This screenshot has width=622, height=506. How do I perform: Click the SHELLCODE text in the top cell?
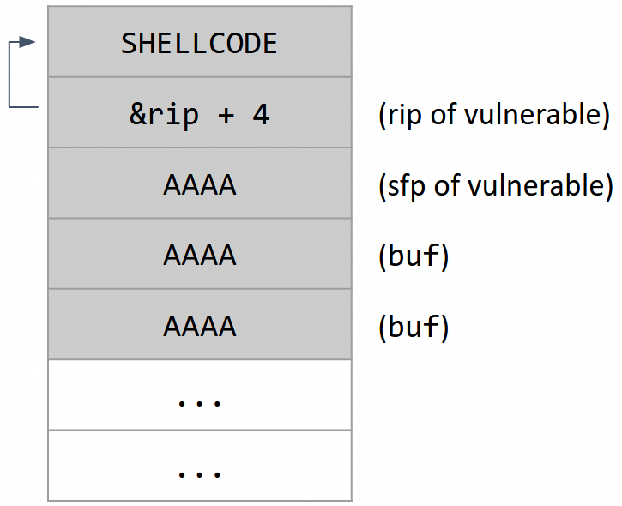coord(199,43)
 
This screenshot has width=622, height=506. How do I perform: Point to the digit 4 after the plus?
coord(261,114)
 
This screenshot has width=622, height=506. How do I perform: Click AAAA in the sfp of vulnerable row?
coord(199,184)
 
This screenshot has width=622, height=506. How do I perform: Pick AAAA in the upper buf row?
coord(199,256)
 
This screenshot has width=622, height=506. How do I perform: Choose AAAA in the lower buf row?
coord(199,326)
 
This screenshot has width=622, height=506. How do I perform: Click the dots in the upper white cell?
coord(199,401)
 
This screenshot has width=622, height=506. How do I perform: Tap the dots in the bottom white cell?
coord(199,472)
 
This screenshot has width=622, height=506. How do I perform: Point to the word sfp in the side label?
coord(405,185)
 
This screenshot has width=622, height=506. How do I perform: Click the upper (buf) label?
coord(414,256)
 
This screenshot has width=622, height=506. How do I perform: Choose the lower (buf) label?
coord(414,327)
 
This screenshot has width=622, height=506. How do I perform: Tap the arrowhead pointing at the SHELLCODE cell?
coord(29,42)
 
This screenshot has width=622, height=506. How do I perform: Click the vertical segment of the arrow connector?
coord(9,75)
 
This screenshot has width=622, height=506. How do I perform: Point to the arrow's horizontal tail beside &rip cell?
coord(24,107)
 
